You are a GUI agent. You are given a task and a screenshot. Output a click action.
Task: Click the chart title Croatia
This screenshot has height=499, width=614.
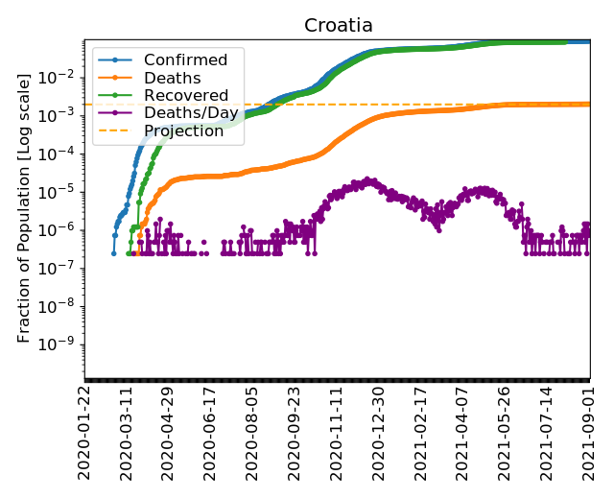click(x=339, y=26)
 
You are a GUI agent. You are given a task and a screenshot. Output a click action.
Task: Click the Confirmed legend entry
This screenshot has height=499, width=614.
click(x=185, y=60)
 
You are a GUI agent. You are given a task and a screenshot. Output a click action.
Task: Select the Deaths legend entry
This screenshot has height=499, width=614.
click(x=172, y=79)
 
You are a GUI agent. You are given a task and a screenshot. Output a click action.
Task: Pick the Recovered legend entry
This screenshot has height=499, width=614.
click(x=185, y=96)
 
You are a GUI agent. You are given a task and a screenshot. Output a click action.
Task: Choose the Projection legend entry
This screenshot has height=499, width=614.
click(x=183, y=131)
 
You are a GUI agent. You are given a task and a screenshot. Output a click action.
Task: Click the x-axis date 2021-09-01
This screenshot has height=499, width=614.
click(x=589, y=432)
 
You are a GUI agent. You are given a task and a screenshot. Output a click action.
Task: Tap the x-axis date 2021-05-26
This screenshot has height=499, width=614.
click(x=506, y=432)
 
